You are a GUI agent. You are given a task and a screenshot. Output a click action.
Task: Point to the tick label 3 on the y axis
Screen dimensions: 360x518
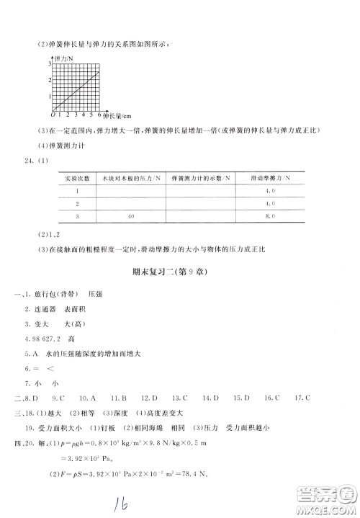pyautogui.click(x=50, y=65)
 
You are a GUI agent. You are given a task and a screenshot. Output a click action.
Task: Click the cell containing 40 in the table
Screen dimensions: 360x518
pyautogui.click(x=132, y=215)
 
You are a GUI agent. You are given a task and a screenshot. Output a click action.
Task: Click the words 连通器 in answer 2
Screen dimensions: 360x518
pyautogui.click(x=45, y=310)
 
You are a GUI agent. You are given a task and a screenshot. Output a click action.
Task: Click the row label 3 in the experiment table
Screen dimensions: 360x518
pyautogui.click(x=77, y=215)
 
